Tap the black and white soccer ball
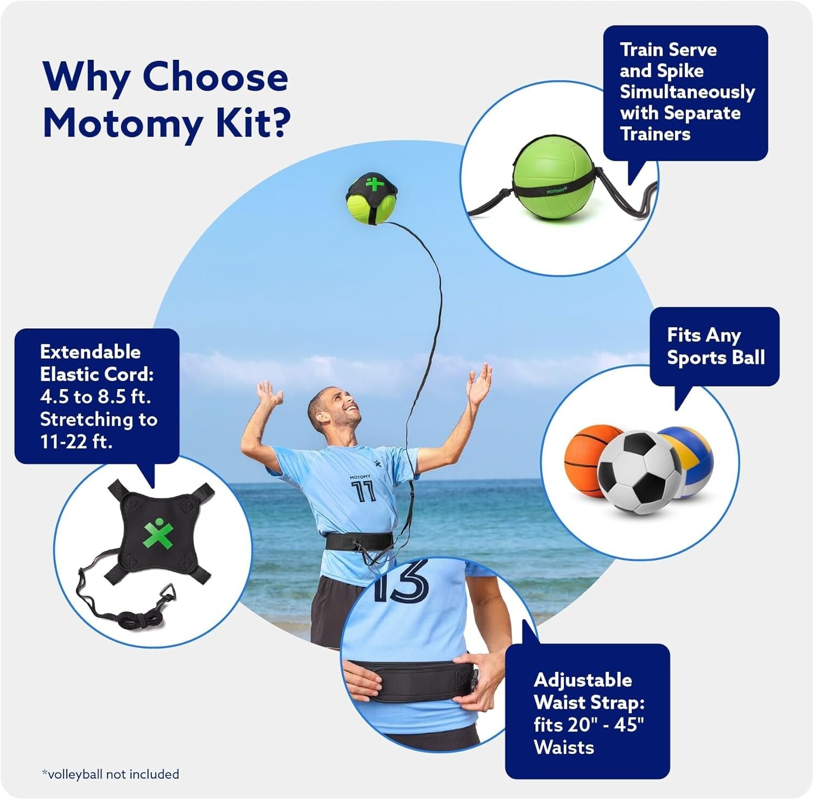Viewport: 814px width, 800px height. click(639, 472)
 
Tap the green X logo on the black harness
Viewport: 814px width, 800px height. click(158, 533)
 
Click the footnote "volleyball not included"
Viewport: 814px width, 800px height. click(111, 774)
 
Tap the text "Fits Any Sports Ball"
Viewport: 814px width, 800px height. click(715, 346)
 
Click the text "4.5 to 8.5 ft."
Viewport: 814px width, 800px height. click(96, 397)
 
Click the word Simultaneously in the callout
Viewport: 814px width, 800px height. click(687, 92)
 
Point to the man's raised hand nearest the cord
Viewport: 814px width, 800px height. click(479, 384)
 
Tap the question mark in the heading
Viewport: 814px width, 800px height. click(278, 124)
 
